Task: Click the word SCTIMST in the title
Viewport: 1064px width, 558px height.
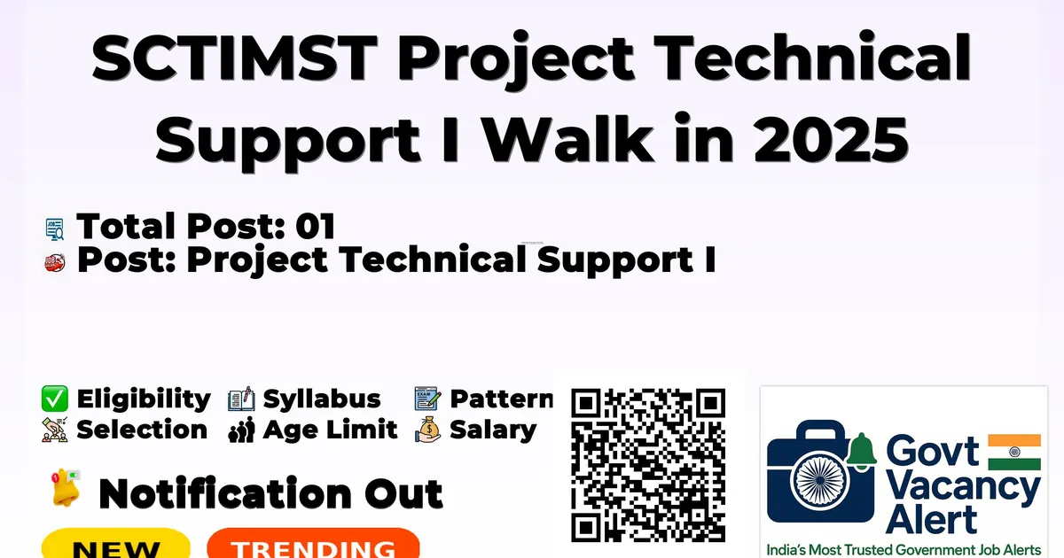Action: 234,58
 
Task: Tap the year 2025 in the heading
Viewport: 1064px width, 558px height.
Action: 832,140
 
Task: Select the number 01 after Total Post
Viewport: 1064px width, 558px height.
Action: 316,226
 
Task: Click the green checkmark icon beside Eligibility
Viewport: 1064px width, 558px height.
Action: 55,398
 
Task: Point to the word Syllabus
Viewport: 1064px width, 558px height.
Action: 322,399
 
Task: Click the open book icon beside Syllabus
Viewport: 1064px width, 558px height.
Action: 241,399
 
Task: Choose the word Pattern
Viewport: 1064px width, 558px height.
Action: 502,399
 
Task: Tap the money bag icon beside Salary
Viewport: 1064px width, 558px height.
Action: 428,430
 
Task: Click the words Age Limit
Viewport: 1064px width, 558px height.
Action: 330,430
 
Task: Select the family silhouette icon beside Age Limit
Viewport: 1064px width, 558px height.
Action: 241,430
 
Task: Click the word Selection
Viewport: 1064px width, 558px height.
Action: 142,430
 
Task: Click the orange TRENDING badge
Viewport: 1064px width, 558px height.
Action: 314,543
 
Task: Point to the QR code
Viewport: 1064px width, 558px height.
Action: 648,465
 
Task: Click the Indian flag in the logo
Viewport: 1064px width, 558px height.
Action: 1014,452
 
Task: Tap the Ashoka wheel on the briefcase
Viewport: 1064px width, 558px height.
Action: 820,480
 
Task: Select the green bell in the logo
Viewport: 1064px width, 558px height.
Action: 861,451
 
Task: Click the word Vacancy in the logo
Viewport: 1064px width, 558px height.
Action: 963,489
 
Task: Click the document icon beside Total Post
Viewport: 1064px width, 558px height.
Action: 55,229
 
